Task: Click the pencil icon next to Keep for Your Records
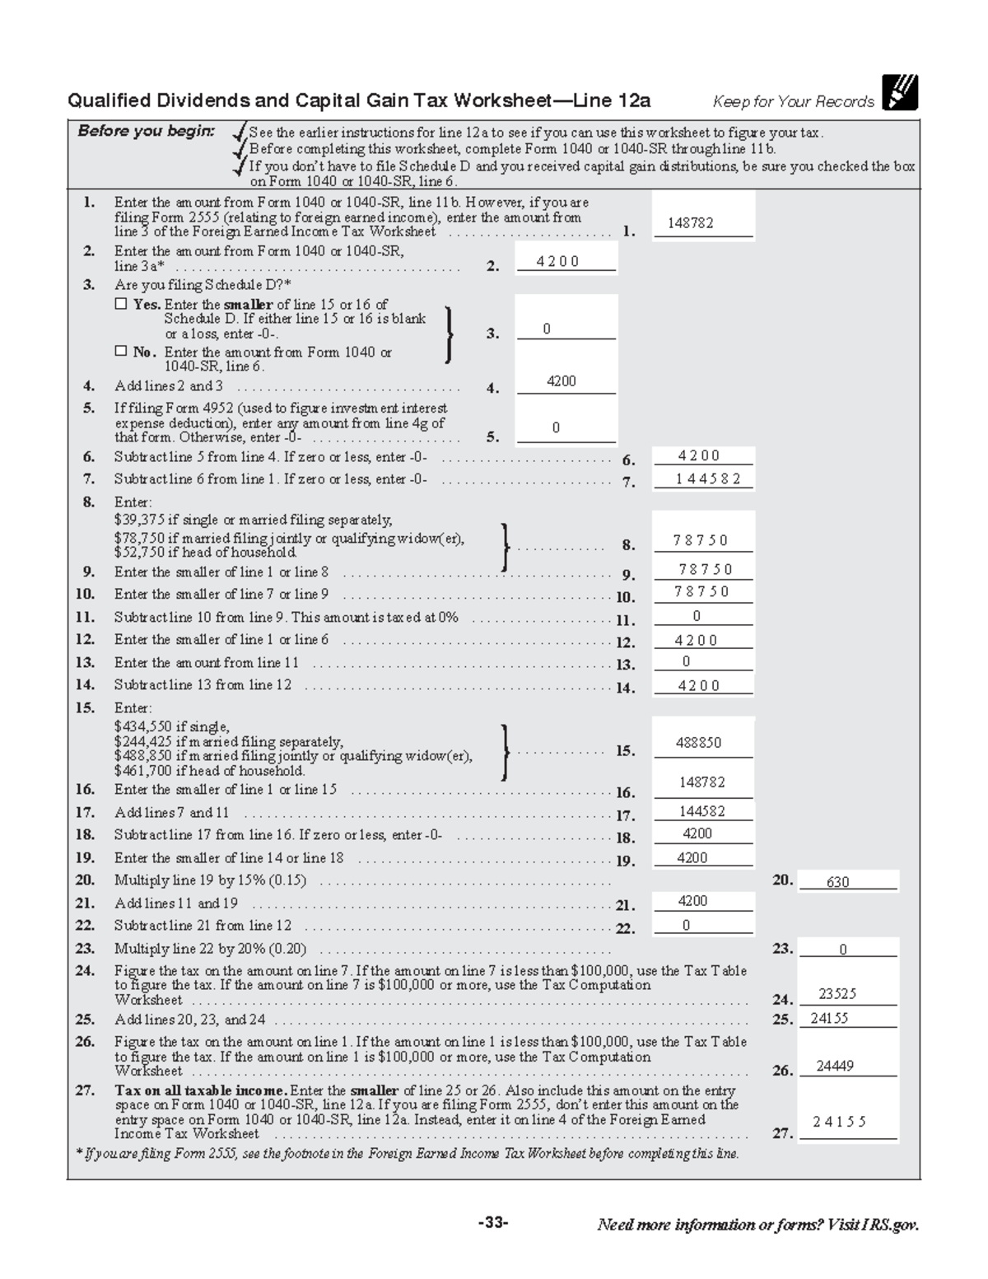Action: (899, 92)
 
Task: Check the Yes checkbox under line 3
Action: (121, 304)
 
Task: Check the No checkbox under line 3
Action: (121, 352)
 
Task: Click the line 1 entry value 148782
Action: (690, 223)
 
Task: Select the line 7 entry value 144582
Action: (701, 478)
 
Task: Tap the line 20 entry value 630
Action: (837, 882)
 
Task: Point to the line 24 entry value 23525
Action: (837, 994)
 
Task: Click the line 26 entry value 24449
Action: (835, 1066)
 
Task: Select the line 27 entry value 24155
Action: (839, 1122)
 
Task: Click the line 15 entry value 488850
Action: (698, 742)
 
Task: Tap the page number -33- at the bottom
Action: (493, 1223)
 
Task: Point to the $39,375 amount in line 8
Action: (139, 520)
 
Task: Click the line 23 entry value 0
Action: (842, 950)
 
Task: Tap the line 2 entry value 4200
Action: (557, 261)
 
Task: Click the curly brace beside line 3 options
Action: (448, 334)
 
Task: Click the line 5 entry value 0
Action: (556, 427)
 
